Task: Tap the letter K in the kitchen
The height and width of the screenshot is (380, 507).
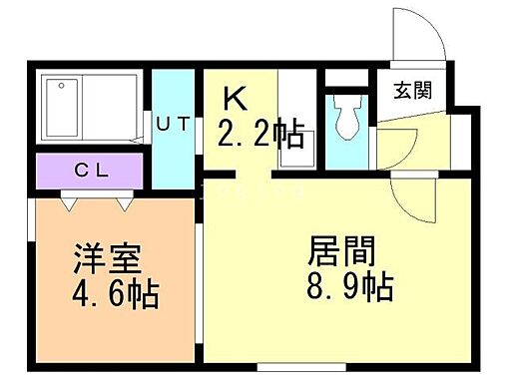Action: point(234,99)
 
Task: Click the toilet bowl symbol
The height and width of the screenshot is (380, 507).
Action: point(348,119)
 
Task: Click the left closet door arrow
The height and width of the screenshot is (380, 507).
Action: point(68,202)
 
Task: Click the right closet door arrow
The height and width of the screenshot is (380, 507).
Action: point(126,202)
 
